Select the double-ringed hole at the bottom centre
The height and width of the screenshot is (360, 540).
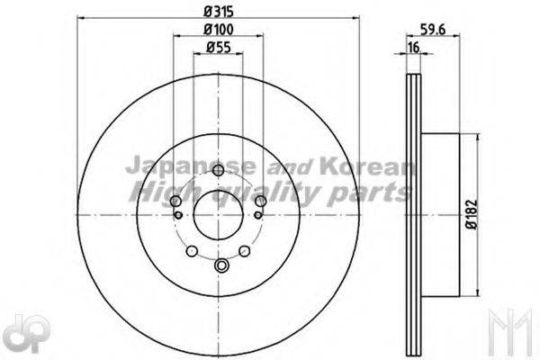(221, 264)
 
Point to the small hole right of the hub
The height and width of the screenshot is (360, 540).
(260, 214)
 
